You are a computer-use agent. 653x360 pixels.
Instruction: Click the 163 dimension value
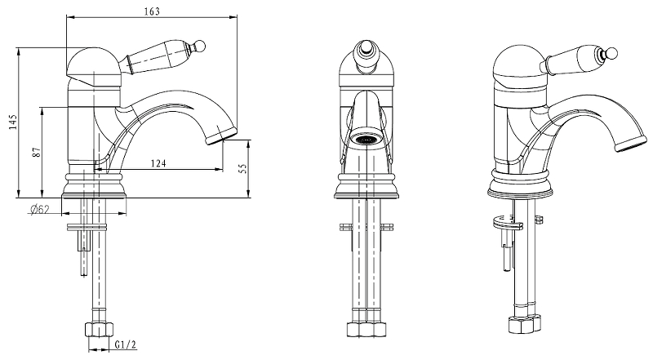click(152, 11)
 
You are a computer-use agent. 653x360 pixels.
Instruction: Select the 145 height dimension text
click(13, 122)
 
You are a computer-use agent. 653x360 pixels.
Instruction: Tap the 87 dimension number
click(37, 152)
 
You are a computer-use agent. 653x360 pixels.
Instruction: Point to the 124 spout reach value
click(158, 163)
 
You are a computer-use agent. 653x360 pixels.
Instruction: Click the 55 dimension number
click(242, 168)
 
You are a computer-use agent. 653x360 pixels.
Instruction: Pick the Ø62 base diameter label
click(39, 209)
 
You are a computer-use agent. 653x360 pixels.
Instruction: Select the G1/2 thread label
click(126, 344)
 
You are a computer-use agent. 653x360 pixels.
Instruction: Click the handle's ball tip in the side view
click(199, 45)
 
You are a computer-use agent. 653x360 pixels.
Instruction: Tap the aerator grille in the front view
click(366, 140)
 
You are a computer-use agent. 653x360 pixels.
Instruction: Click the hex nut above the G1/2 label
click(99, 330)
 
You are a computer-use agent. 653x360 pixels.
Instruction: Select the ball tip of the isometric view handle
click(612, 53)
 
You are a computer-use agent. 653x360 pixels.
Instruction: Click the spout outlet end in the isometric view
click(631, 144)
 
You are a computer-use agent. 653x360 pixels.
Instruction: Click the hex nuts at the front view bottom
click(366, 329)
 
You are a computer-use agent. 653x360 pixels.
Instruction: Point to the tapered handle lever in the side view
click(159, 56)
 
